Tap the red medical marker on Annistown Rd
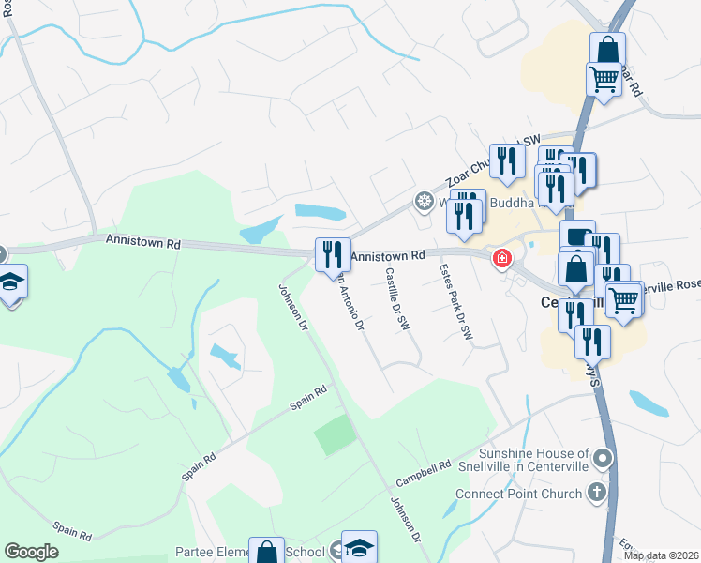click(x=503, y=257)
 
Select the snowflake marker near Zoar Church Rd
click(x=424, y=202)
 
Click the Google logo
click(x=32, y=552)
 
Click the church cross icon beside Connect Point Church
click(x=596, y=493)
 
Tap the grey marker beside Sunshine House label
click(x=604, y=460)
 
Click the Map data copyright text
click(x=661, y=555)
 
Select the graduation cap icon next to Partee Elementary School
click(x=358, y=548)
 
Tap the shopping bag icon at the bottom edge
click(x=267, y=553)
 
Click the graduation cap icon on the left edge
click(x=11, y=283)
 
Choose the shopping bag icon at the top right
click(x=607, y=50)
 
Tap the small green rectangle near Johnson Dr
click(x=335, y=434)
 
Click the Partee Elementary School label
click(x=249, y=552)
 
